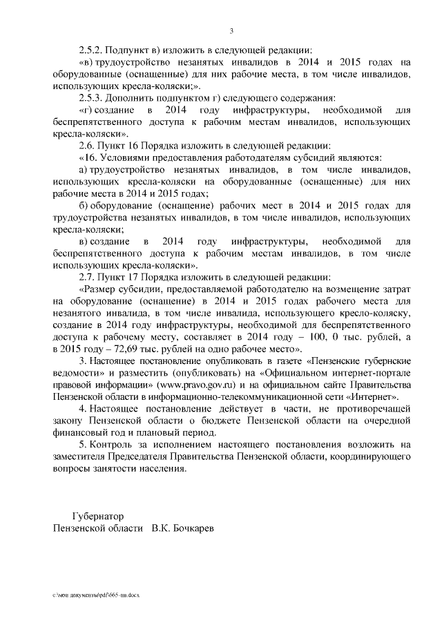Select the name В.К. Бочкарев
tap(183, 528)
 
